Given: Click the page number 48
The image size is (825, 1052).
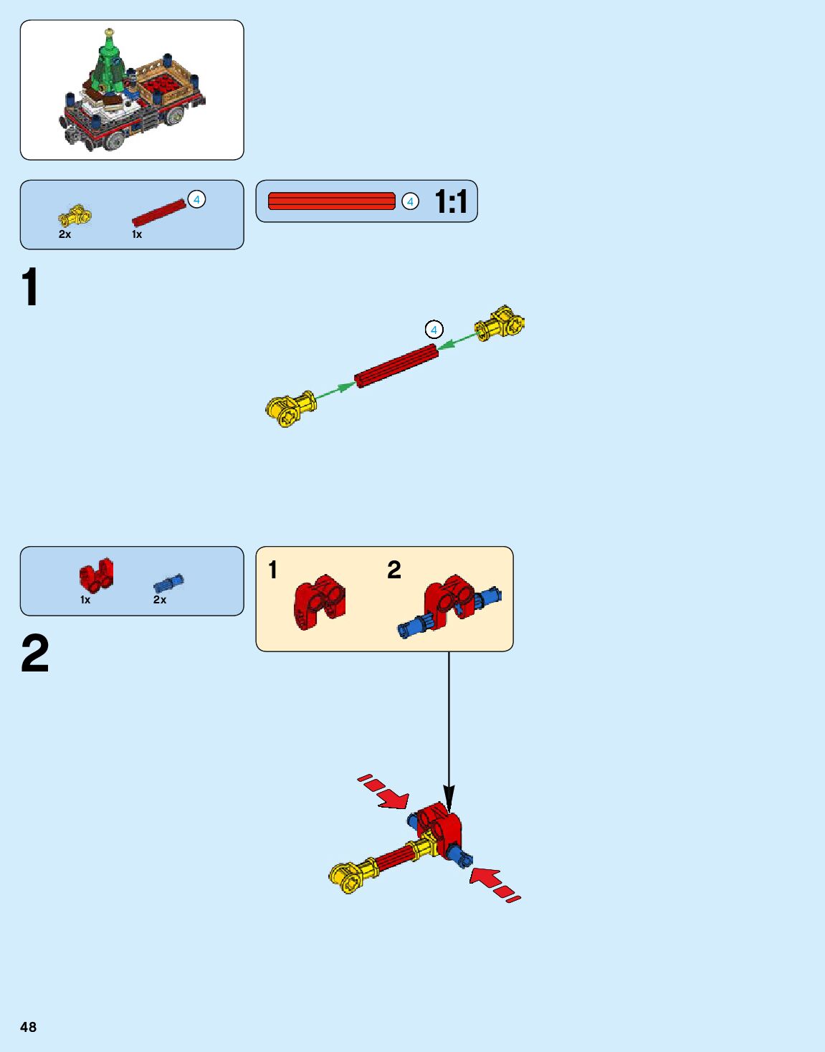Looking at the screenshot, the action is (28, 1027).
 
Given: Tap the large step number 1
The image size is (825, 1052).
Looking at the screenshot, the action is (30, 287).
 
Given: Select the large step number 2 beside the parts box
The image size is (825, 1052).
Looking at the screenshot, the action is (34, 654).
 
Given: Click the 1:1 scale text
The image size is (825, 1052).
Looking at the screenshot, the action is (451, 202).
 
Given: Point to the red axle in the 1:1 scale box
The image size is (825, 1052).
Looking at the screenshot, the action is (331, 201).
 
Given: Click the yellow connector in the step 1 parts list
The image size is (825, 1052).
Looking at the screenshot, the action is (75, 215).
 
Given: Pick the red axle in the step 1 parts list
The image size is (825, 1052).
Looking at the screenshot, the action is (158, 213).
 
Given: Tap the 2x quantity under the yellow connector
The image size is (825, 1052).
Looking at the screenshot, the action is (65, 234).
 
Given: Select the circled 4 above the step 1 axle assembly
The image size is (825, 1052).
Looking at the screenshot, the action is (434, 330).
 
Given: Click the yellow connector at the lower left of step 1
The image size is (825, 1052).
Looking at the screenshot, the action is (290, 408).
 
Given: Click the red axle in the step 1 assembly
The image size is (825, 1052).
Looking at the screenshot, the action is (396, 365).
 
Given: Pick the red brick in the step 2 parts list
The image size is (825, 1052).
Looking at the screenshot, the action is (96, 575).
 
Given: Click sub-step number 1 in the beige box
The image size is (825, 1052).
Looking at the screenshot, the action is (272, 570).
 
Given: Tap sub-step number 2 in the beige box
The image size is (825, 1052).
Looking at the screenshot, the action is (394, 570).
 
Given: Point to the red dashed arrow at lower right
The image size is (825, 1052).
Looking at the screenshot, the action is (494, 884).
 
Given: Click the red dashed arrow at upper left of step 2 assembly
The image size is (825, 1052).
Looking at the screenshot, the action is (385, 793).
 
